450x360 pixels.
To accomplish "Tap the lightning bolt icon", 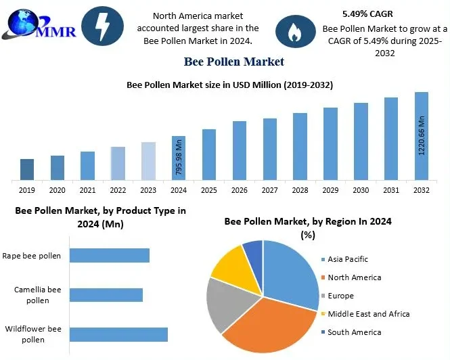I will [102, 26].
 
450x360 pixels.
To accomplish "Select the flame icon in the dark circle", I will [296, 32].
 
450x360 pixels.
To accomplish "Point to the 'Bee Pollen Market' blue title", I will [233, 62].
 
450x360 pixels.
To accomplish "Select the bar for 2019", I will [27, 169].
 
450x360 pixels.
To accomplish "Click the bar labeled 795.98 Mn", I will [179, 158].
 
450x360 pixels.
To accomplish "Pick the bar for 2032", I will [421, 136].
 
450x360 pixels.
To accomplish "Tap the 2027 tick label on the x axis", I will [269, 191].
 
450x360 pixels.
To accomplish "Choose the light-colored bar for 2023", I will [148, 161].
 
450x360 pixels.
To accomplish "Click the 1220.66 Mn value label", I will [422, 135].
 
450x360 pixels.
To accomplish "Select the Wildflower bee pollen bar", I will [118, 334].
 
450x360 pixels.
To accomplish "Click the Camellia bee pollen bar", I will [106, 294].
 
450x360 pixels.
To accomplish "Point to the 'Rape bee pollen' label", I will [31, 256].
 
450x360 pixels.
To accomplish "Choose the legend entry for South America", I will [354, 332].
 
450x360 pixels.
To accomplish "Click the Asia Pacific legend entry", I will [348, 259].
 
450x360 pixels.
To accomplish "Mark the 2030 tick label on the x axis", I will [361, 191].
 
